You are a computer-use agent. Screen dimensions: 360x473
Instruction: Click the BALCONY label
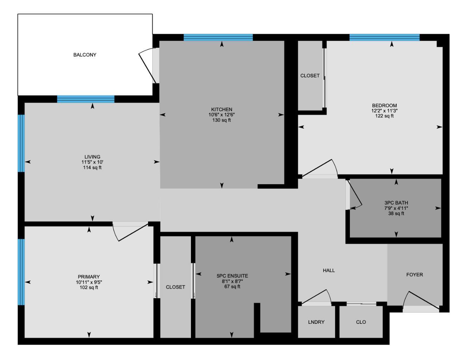click(84, 55)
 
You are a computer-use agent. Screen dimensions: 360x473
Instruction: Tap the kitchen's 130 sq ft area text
click(222, 120)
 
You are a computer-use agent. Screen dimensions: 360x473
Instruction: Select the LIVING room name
click(92, 157)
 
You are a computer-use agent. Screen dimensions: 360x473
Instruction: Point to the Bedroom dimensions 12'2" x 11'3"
click(384, 111)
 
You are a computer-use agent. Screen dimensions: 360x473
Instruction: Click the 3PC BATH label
click(396, 203)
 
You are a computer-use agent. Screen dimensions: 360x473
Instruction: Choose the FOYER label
click(414, 275)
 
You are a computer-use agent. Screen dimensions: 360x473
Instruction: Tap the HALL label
click(329, 270)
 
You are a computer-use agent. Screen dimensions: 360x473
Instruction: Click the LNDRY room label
click(316, 322)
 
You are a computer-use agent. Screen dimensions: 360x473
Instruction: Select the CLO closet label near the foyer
click(361, 322)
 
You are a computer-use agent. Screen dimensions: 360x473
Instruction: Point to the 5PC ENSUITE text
click(232, 276)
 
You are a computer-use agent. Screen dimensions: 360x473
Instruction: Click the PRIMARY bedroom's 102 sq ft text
click(89, 288)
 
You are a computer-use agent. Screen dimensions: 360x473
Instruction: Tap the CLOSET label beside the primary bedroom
click(175, 287)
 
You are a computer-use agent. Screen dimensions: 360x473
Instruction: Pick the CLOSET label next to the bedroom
click(310, 76)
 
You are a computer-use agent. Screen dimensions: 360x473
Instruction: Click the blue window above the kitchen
click(218, 38)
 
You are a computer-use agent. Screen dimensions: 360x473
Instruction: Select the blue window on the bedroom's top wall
click(384, 38)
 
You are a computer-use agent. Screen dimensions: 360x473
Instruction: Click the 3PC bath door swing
click(354, 195)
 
